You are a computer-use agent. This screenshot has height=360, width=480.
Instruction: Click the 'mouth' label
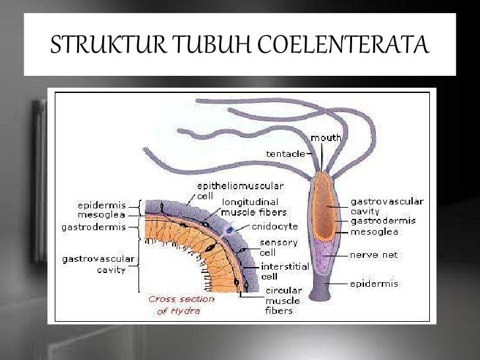tap(326, 138)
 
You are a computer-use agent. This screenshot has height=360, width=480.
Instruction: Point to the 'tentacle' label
tap(285, 154)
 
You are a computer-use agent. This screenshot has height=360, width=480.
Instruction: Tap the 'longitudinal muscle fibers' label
tap(254, 207)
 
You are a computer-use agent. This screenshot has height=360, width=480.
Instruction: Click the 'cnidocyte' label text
tap(270, 225)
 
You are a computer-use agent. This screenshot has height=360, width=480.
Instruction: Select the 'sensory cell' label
tap(278, 247)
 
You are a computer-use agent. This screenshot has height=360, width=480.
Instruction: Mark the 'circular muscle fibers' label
tap(284, 299)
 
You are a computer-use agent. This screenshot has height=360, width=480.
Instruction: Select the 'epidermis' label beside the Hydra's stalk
tap(374, 284)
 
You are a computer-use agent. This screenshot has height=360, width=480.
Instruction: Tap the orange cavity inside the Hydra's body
tap(323, 208)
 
